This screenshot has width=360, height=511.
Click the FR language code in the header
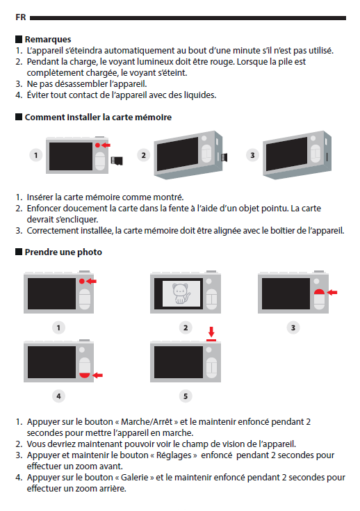(x=21, y=17)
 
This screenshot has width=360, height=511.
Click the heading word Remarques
(x=48, y=40)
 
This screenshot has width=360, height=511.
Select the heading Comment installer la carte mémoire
(x=98, y=117)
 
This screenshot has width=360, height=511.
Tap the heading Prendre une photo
(x=63, y=252)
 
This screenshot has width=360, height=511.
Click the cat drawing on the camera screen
(x=181, y=293)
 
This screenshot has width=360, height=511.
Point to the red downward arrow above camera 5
(x=211, y=332)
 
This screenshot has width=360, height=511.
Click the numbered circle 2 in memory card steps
(x=143, y=155)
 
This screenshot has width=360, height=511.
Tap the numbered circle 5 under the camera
(x=186, y=396)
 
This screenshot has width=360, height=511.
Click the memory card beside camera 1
(x=117, y=161)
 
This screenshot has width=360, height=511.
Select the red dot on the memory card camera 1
(x=97, y=145)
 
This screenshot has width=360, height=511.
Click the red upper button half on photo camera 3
(x=319, y=292)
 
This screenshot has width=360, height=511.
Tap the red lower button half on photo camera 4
(x=85, y=375)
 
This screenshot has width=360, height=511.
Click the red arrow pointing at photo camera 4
(x=98, y=375)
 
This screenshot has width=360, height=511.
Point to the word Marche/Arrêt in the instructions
(x=147, y=422)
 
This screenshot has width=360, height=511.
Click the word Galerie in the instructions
(x=135, y=478)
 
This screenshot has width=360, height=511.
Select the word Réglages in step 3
(x=174, y=455)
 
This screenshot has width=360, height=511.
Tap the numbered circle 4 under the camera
(x=58, y=396)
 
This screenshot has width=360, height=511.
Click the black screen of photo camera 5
(x=179, y=362)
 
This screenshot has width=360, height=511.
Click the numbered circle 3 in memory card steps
(x=252, y=155)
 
